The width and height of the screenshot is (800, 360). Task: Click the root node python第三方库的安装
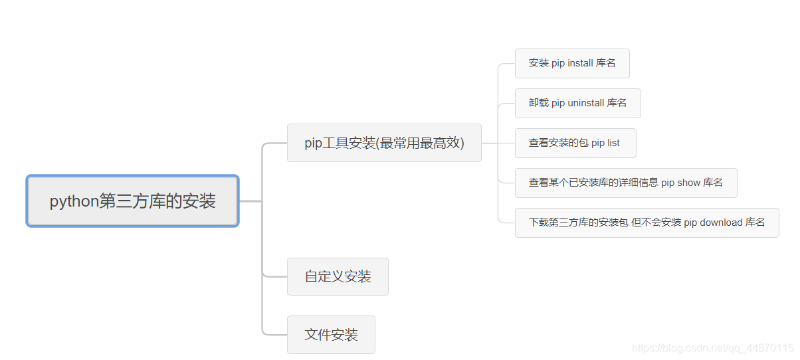point(132,201)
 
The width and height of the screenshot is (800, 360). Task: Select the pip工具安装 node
point(383,143)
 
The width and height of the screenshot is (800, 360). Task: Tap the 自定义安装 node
point(338,276)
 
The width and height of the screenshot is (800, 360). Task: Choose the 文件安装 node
point(331,335)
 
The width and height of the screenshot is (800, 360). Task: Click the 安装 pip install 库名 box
point(572,63)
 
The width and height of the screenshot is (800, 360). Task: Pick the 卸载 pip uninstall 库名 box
point(577,103)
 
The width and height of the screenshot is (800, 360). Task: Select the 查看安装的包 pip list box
point(575,143)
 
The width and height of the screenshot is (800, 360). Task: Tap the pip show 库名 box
point(625,183)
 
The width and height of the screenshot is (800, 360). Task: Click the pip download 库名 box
point(647,223)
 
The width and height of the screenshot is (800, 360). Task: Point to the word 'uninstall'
point(586,103)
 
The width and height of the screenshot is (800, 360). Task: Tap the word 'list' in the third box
point(613,143)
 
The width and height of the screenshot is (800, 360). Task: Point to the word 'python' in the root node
point(74,201)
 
